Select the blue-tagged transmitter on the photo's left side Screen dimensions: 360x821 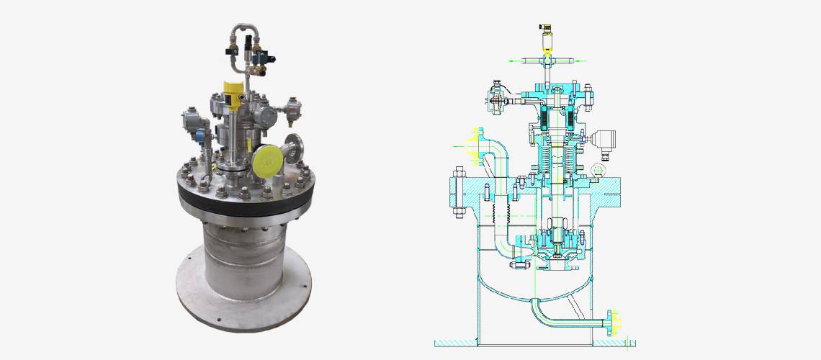[x=193, y=125]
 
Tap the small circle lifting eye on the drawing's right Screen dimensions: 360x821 [x=596, y=170]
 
